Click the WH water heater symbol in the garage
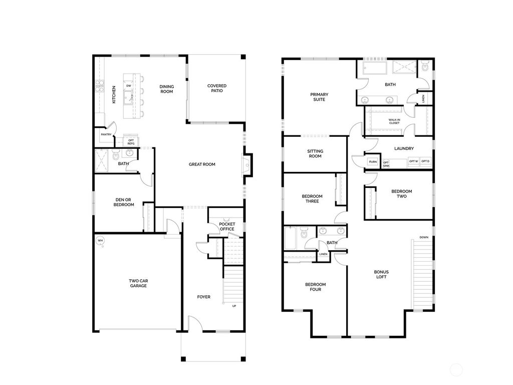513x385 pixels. click(99, 240)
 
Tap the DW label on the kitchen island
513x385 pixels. click(129, 86)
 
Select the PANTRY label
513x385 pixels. click(106, 134)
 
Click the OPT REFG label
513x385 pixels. click(131, 142)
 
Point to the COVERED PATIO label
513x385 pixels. click(217, 88)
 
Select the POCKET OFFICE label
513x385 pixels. click(227, 227)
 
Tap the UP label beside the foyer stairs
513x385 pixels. click(234, 306)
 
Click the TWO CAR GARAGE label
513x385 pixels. click(138, 283)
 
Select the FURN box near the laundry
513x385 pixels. click(373, 162)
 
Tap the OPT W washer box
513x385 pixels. click(413, 161)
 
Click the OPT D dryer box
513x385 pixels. click(425, 161)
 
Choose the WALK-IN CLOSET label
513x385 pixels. click(394, 121)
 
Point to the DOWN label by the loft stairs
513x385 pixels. click(424, 237)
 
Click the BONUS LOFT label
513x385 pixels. click(381, 275)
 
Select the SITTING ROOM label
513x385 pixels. click(315, 153)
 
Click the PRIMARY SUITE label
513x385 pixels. click(318, 97)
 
